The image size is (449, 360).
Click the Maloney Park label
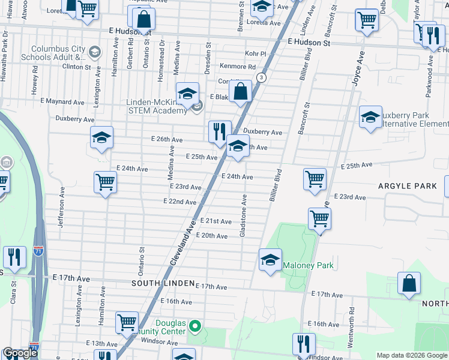point(308,265)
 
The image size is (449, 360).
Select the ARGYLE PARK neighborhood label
point(408,186)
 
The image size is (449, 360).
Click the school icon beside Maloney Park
point(270,260)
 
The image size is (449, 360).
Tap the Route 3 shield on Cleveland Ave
point(261,77)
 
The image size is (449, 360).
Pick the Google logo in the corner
point(20,353)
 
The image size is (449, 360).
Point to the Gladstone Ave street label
point(243,215)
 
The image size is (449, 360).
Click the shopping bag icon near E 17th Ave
point(408,284)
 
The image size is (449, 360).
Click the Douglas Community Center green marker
point(194,327)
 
